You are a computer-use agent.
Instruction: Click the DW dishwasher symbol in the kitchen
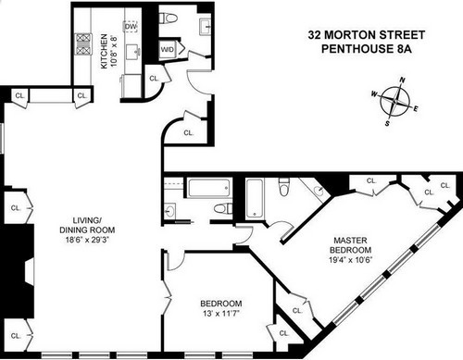pyautogui.click(x=131, y=27)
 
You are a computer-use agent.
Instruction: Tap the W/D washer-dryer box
pyautogui.click(x=168, y=49)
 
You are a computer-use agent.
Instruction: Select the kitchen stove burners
pyautogui.click(x=83, y=44)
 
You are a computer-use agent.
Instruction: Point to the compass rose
pyautogui.click(x=395, y=101)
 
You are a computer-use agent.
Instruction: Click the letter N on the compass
pyautogui.click(x=402, y=81)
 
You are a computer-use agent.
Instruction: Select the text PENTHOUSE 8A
pyautogui.click(x=367, y=49)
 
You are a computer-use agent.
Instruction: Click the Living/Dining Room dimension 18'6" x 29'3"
pyautogui.click(x=88, y=240)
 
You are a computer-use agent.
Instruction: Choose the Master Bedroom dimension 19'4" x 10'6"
pyautogui.click(x=351, y=260)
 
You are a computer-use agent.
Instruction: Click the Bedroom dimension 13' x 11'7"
pyautogui.click(x=221, y=314)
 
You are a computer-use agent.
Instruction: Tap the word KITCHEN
pyautogui.click(x=104, y=51)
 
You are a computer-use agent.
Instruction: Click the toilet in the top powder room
pyautogui.click(x=168, y=19)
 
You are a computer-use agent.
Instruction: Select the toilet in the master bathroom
pyautogui.click(x=283, y=187)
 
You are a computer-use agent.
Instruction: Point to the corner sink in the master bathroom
pyautogui.click(x=318, y=191)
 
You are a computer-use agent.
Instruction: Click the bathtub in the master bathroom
pyautogui.click(x=255, y=199)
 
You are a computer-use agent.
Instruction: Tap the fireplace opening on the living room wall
pyautogui.click(x=30, y=272)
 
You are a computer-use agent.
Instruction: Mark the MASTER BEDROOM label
pyautogui.click(x=350, y=245)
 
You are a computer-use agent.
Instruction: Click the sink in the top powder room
pyautogui.click(x=206, y=27)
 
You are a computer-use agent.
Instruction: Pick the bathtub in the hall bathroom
pyautogui.click(x=210, y=188)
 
